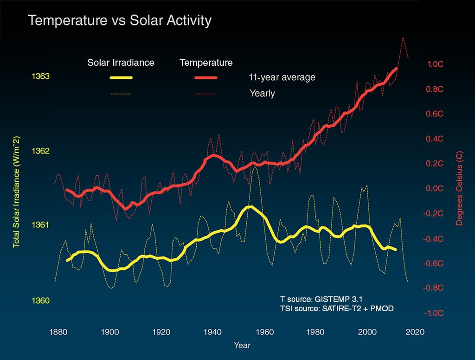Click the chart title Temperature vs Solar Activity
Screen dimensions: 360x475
pos(120,21)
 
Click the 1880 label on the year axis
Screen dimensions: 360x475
pos(58,332)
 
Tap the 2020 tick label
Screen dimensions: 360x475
pos(414,332)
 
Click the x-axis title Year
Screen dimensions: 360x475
pos(243,346)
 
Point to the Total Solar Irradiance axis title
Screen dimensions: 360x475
pos(16,192)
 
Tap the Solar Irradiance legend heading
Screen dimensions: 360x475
pos(121,63)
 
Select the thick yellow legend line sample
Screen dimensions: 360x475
pos(122,77)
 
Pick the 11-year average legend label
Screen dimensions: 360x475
pos(282,77)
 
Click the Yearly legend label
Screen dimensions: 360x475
pos(262,93)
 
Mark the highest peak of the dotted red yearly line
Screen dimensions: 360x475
pos(403,37)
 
